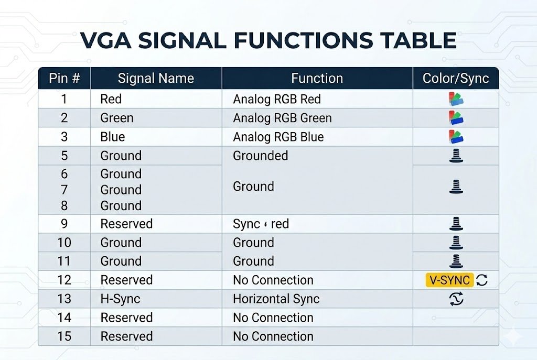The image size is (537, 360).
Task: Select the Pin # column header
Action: click(65, 79)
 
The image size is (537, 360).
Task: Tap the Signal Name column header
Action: click(156, 79)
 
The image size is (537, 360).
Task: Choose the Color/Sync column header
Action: click(455, 79)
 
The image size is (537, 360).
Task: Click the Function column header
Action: click(317, 79)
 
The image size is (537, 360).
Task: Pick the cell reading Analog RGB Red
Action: click(277, 99)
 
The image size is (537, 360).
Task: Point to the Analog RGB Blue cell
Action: click(278, 137)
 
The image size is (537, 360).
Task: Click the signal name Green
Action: click(116, 118)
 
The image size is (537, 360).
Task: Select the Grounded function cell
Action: click(260, 156)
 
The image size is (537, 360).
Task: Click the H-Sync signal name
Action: click(120, 299)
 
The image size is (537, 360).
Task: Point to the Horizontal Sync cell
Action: click(276, 299)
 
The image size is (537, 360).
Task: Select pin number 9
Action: click(65, 224)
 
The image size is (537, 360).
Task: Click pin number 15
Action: click(65, 336)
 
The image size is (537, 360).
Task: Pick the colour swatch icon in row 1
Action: click(456, 99)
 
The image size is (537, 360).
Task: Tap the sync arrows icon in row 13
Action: click(456, 299)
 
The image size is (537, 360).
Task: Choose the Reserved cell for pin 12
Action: click(126, 280)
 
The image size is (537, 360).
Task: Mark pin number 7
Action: click(65, 190)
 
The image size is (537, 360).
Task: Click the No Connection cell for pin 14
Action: click(273, 318)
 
